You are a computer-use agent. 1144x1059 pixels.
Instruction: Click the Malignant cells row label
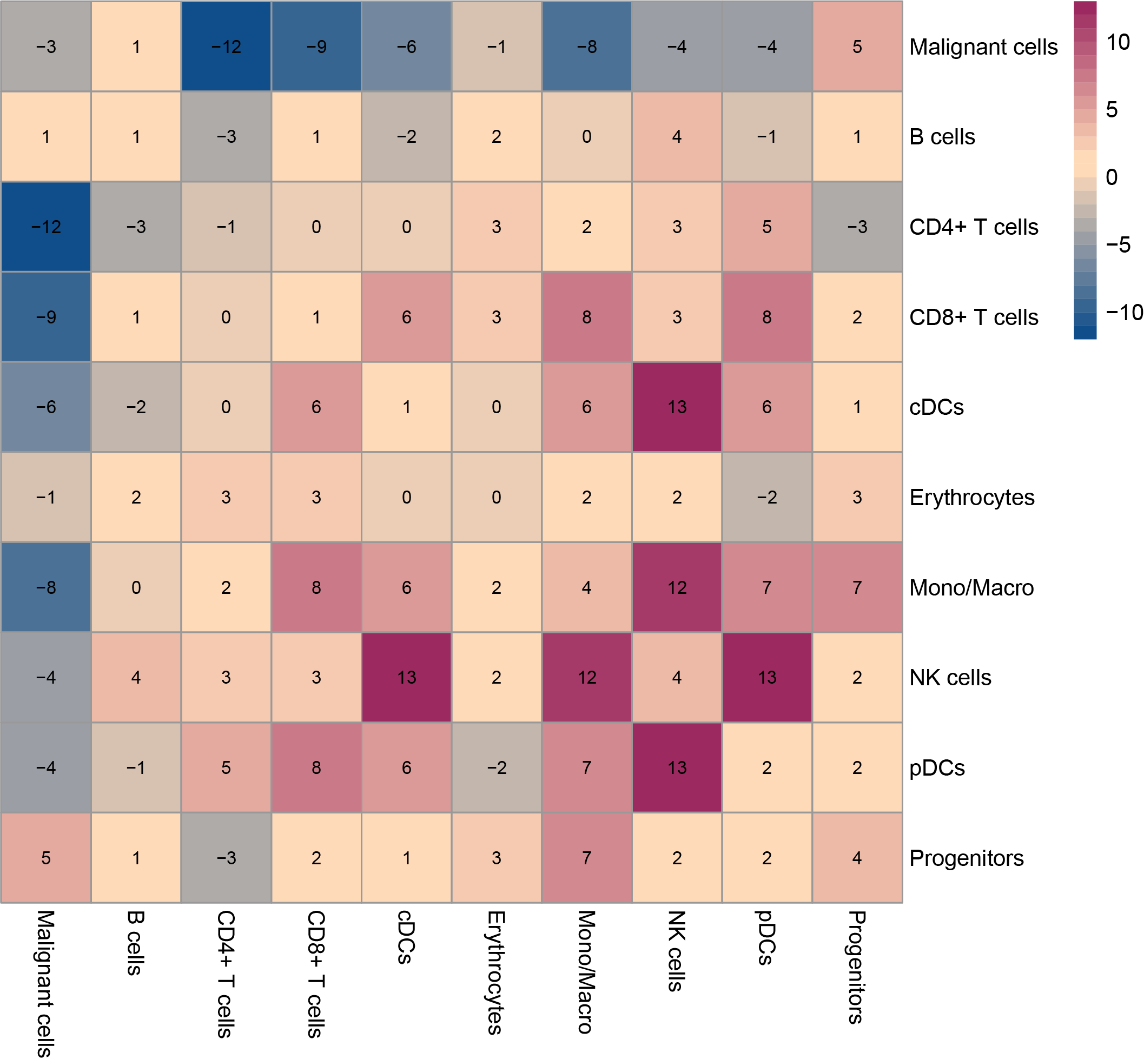[x=983, y=47]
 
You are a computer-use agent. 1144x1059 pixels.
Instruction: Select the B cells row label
[x=942, y=137]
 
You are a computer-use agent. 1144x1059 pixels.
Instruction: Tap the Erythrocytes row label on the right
[x=971, y=498]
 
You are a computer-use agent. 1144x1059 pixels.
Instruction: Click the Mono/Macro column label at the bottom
[x=586, y=972]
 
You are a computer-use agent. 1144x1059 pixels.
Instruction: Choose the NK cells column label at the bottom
[x=676, y=951]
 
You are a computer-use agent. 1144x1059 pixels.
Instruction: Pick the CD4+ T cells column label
[x=226, y=974]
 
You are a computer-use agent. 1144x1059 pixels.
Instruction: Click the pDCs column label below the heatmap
[x=766, y=937]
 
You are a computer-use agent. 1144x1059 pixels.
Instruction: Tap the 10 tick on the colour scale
[x=1117, y=42]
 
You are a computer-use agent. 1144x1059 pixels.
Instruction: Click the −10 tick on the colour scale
[x=1124, y=312]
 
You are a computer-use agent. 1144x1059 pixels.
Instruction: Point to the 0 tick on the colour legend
[x=1112, y=177]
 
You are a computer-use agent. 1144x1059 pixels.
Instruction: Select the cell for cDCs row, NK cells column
[x=676, y=407]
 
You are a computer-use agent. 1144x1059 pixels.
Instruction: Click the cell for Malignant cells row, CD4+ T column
[x=226, y=47]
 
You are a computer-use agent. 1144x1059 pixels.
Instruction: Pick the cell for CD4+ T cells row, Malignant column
[x=46, y=227]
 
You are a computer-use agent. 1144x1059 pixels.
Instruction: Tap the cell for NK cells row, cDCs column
[x=406, y=677]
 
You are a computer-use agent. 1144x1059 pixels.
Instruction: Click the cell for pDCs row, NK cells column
[x=676, y=767]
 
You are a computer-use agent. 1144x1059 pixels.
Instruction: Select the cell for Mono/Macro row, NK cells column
[x=676, y=587]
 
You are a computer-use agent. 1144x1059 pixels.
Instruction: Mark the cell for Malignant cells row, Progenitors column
[x=857, y=47]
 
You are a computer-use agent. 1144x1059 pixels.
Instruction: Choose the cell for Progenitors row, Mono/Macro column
[x=586, y=858]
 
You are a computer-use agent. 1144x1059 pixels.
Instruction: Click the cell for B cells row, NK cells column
[x=676, y=137]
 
